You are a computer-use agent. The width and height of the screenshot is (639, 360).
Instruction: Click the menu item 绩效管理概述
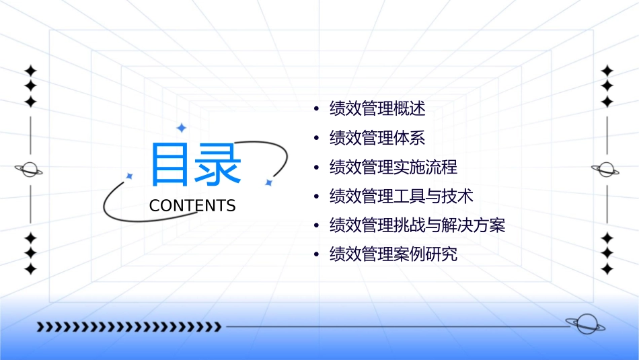377,108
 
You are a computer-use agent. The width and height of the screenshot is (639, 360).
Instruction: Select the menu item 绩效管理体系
377,138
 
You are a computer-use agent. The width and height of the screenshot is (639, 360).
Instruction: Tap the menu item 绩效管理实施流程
393,167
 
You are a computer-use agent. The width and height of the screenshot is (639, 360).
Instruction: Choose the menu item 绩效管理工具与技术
401,196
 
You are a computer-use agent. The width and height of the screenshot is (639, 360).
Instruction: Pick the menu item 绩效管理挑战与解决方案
417,225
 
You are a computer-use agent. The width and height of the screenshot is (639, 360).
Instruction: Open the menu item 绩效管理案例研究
393,254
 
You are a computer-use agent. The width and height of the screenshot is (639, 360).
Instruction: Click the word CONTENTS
192,206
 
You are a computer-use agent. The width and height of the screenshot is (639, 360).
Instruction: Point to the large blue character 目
170,165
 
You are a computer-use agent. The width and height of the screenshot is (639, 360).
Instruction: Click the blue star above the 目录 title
181,128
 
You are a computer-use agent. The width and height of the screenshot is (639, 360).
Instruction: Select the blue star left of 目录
129,176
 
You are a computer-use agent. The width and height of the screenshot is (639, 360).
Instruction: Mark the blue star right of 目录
268,182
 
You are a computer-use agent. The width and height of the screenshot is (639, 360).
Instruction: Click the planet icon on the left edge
30,170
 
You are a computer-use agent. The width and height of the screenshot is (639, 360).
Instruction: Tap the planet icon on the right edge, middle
605,170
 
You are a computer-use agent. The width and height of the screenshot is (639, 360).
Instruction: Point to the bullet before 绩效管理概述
316,109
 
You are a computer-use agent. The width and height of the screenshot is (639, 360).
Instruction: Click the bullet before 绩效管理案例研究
316,255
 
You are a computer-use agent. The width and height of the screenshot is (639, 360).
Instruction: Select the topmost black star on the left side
30,71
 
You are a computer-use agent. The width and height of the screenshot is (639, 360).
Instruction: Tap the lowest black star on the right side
607,269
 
